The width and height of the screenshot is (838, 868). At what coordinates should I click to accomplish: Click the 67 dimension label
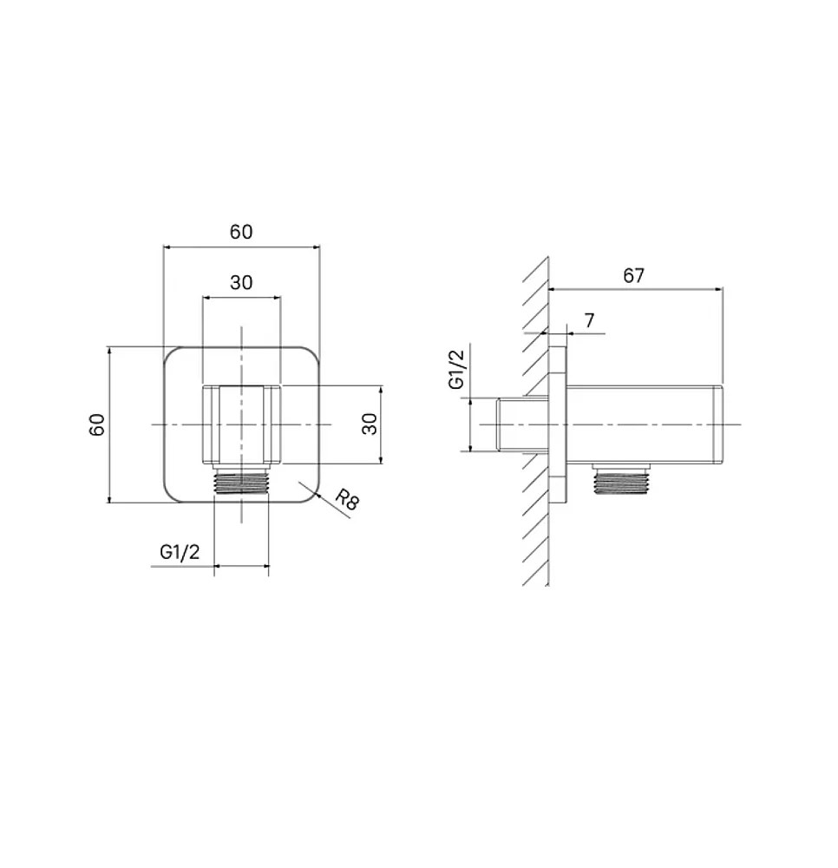tap(633, 275)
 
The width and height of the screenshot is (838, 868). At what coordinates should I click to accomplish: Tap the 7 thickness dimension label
tap(589, 320)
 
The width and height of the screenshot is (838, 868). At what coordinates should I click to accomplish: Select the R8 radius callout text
tap(347, 499)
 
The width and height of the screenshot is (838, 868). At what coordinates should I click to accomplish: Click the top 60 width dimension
tap(241, 232)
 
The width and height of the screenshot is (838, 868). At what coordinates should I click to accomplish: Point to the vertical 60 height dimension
tap(97, 424)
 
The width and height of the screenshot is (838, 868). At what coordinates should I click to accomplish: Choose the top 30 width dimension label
tap(241, 282)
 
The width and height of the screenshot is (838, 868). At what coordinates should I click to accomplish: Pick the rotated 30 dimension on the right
tap(370, 424)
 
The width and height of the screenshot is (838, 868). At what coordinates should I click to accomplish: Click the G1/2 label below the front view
tap(180, 551)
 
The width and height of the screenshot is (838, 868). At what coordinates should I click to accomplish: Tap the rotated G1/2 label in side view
tap(457, 366)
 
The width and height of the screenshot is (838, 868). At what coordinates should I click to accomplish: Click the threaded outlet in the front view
tap(241, 479)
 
